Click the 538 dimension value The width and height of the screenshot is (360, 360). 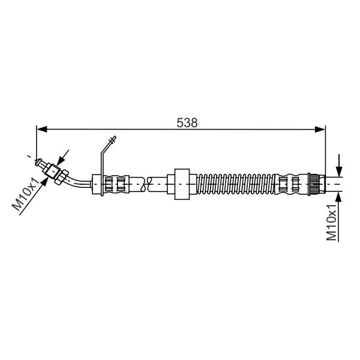187,123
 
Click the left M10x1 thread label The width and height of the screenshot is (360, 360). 26,194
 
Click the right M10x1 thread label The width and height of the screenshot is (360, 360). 331,222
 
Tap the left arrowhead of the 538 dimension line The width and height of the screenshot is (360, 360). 42,129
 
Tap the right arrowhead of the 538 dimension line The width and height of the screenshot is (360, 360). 320,129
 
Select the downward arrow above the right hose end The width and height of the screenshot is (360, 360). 339,166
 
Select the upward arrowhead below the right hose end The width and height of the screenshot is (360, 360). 339,197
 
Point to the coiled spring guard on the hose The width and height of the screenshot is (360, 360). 236,184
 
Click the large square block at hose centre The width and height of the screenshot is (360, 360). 182,184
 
